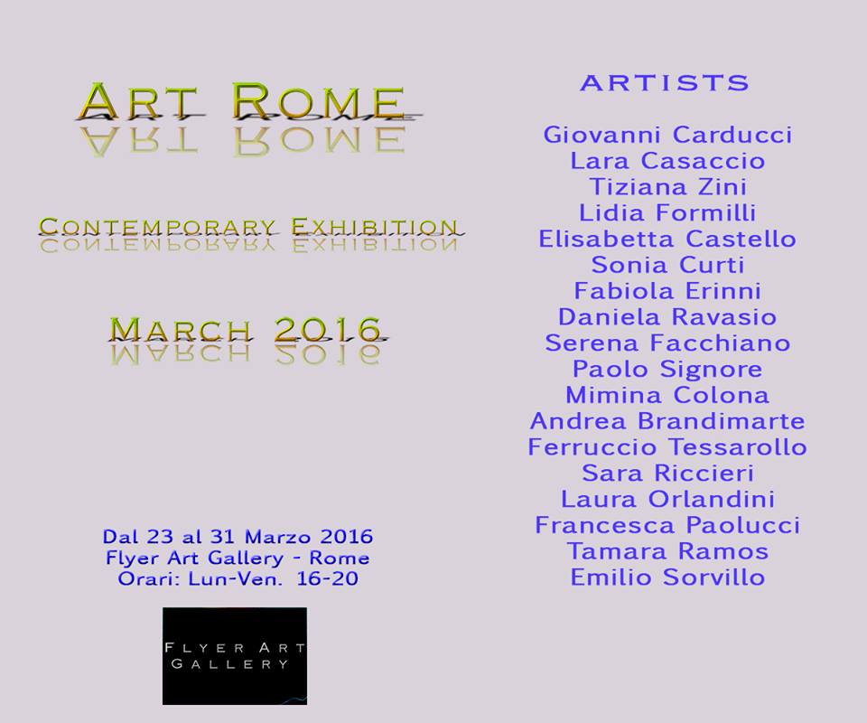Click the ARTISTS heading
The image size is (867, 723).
pos(666,83)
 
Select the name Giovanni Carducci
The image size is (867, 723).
pos(667,135)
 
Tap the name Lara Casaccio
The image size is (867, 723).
pos(667,161)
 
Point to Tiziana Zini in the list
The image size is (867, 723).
pos(667,187)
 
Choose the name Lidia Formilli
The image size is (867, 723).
pos(667,213)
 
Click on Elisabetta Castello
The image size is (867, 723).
pos(667,239)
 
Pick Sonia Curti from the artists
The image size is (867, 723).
pos(667,265)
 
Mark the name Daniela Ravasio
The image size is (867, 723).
pos(667,317)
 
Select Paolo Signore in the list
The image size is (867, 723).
pos(667,369)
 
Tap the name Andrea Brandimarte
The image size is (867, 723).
pos(667,421)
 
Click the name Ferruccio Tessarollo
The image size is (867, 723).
pos(667,447)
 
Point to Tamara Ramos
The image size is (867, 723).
pos(667,551)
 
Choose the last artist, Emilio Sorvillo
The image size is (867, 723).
pos(667,577)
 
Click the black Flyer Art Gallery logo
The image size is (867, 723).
pos(235,656)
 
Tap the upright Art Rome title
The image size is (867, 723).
pos(243,102)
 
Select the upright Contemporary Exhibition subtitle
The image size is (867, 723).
pos(248,227)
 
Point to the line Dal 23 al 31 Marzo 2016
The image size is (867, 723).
pos(238,537)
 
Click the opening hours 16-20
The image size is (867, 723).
pos(327,578)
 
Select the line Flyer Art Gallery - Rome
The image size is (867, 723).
pos(238,558)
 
